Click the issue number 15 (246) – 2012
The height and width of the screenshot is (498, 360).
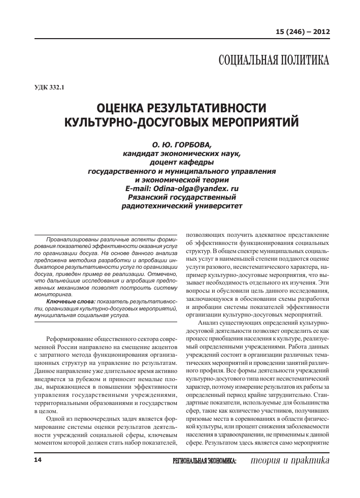[x=303, y=32]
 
